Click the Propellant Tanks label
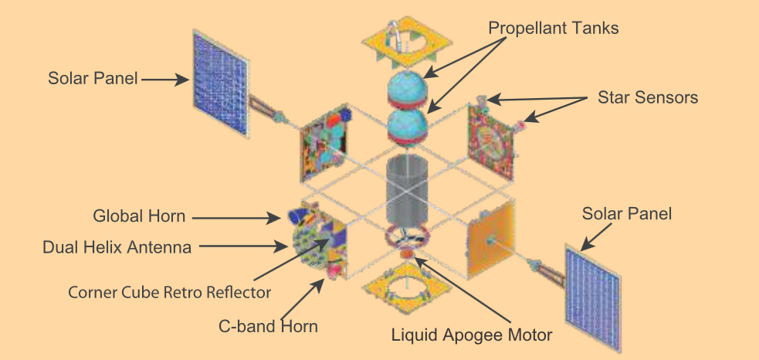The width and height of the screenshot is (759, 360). click(554, 28)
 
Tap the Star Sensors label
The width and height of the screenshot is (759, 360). click(648, 97)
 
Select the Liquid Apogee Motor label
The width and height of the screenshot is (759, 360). click(472, 335)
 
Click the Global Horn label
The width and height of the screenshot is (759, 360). click(139, 215)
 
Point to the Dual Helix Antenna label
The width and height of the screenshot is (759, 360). click(116, 248)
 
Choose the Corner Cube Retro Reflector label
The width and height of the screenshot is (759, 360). click(169, 292)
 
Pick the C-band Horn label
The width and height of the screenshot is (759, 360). click(266, 326)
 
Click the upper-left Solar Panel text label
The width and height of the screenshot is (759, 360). click(93, 78)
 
